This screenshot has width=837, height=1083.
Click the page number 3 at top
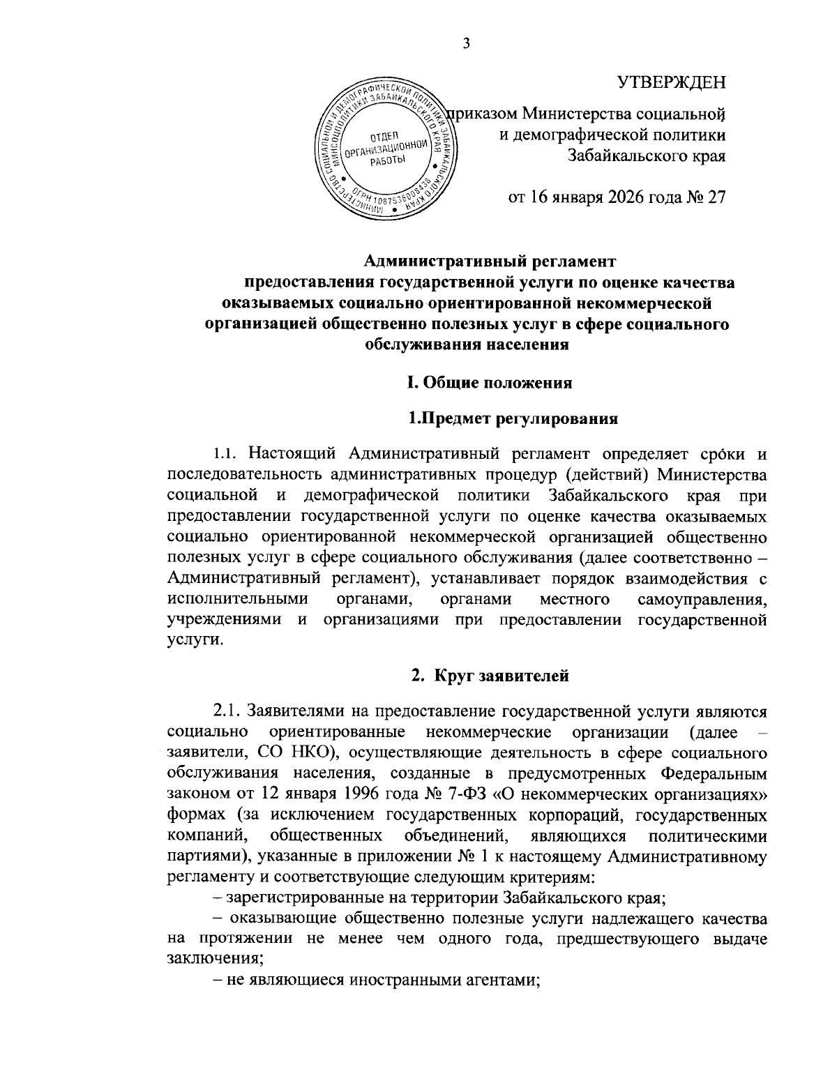[467, 44]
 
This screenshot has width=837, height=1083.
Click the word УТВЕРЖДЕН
[672, 83]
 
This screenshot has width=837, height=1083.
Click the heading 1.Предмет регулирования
[513, 419]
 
